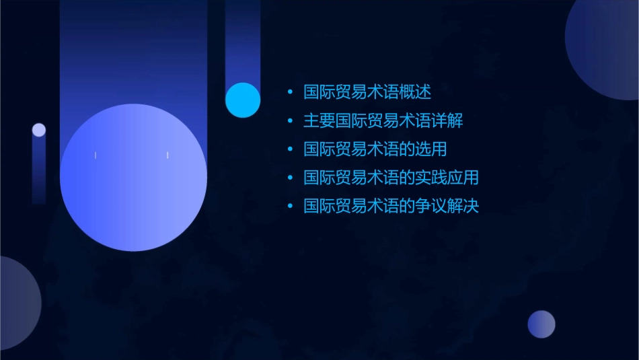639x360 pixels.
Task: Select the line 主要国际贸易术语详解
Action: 383,121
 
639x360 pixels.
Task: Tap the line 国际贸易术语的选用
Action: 375,149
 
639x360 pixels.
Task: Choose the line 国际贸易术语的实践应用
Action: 391,178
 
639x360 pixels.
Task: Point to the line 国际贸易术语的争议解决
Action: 391,206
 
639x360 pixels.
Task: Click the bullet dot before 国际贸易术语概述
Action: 290,92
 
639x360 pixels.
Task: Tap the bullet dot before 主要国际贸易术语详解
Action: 290,121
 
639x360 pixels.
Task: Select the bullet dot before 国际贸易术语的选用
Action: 290,149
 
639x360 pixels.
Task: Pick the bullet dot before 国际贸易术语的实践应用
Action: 290,178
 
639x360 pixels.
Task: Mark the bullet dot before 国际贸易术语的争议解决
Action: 290,206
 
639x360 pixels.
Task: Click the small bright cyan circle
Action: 243,100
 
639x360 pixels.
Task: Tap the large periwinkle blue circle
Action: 133,178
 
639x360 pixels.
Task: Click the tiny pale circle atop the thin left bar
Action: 39,130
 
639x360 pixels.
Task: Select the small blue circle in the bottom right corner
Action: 541,324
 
